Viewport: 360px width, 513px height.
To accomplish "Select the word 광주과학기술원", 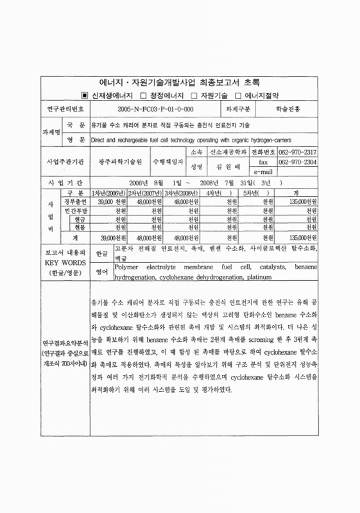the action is coord(118,162).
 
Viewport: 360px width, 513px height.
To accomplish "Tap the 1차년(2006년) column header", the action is coord(108,193).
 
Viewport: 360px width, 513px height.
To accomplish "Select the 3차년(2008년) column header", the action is coord(181,193).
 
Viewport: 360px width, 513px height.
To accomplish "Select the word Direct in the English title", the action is coord(101,139).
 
